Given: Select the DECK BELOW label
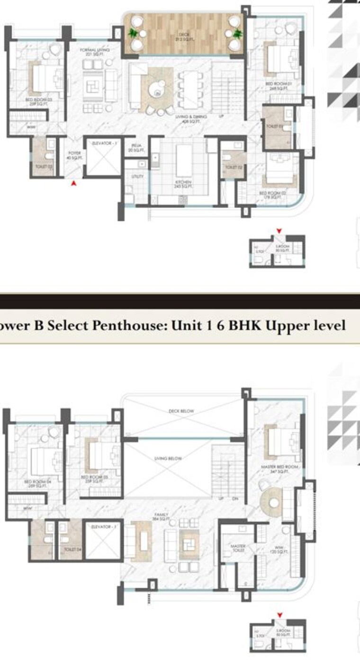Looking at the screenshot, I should [x=181, y=411].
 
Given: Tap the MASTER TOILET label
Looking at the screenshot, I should [x=237, y=548].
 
